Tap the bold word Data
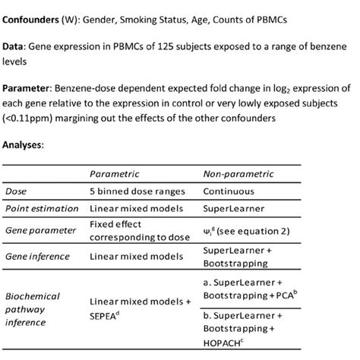[x=17, y=48]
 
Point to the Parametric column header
[x=115, y=175]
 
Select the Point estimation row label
[x=42, y=208]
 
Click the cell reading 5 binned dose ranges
[x=134, y=192]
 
